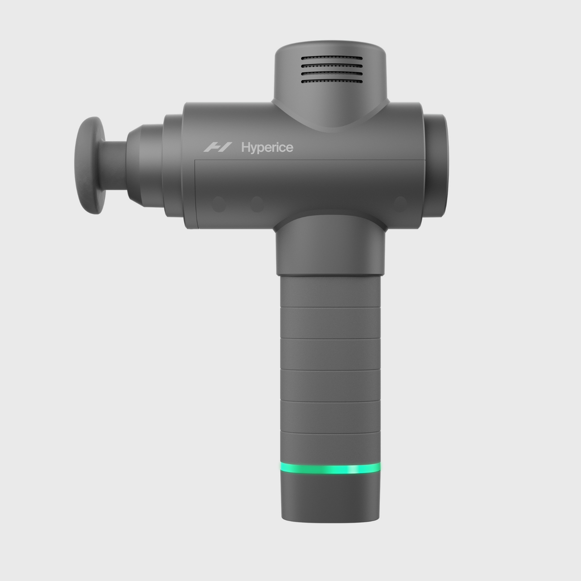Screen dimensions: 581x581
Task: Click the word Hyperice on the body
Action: coord(267,147)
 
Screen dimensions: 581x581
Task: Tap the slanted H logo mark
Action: coord(218,147)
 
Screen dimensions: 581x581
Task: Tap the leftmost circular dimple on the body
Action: coord(219,204)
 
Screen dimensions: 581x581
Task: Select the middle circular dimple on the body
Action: coord(257,204)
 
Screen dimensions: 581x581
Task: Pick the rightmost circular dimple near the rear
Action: coord(399,204)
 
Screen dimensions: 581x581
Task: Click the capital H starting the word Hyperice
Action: coord(245,147)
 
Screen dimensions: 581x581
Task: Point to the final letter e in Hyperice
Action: coord(290,148)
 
